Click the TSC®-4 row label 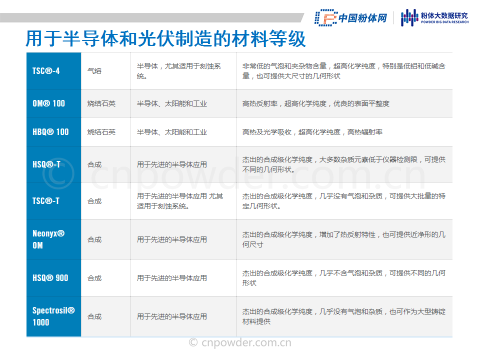46,71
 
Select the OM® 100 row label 48,103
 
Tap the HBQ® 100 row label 50,132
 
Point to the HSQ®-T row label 46,164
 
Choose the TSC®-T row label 46,201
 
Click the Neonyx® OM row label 48,239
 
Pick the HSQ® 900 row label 50,278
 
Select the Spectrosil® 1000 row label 53,316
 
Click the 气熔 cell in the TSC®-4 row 94,71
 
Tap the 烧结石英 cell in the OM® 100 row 101,103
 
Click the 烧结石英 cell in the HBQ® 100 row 101,132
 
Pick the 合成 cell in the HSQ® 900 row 94,278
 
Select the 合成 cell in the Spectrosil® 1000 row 94,316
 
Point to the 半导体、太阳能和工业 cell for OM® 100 171,103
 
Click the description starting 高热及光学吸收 312,132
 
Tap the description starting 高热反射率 315,103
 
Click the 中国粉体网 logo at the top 351,18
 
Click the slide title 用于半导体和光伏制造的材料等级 165,39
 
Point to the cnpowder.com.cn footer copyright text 240,342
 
